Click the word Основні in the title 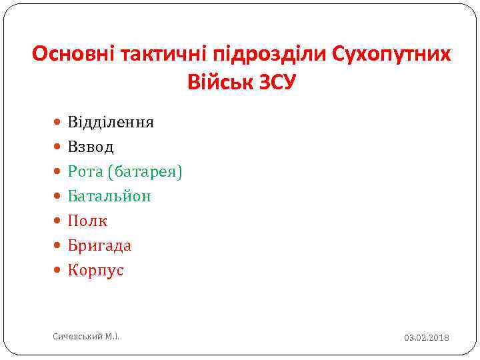click(x=74, y=54)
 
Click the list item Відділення click(x=111, y=122)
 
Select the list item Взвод click(x=91, y=147)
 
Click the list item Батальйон click(x=109, y=196)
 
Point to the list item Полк click(x=87, y=221)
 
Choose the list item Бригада click(x=99, y=245)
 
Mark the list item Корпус click(x=95, y=270)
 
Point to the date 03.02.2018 click(x=426, y=338)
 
